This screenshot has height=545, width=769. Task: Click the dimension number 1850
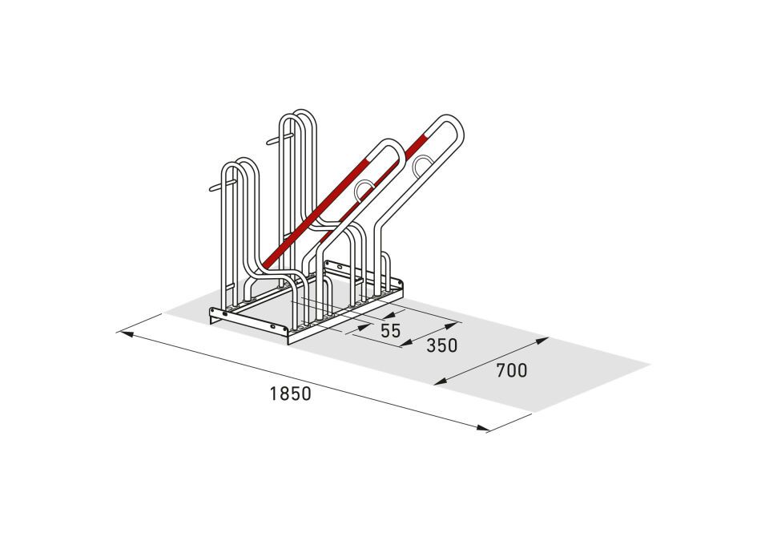point(290,394)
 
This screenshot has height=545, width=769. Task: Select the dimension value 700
point(512,370)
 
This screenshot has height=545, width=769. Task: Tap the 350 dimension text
point(441,345)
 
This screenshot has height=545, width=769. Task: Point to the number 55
point(390,331)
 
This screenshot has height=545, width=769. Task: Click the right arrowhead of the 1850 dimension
point(482,428)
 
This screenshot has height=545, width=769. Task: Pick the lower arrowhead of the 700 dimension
point(441,382)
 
